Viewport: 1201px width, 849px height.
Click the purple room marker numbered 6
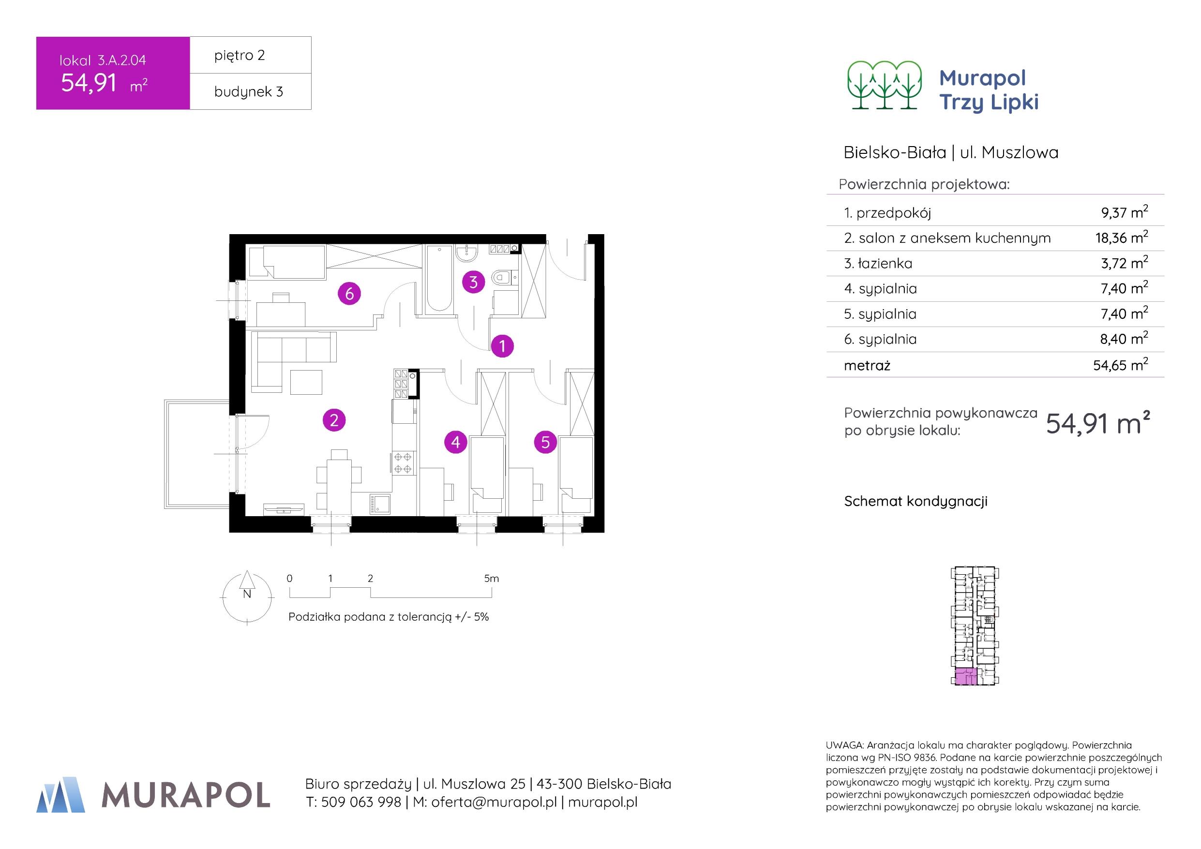point(349,294)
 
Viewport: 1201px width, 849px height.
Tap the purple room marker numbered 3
point(473,283)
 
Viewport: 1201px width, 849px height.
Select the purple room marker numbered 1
point(502,346)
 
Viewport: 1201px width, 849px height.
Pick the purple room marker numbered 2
point(334,420)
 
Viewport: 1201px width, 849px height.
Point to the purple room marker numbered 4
point(456,443)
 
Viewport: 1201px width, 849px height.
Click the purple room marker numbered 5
point(545,443)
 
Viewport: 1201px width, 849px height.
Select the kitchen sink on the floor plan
point(379,504)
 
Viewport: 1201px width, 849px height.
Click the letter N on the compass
point(247,594)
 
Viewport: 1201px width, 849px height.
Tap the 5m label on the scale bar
point(491,579)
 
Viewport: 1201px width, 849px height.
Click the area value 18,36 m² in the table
point(1121,238)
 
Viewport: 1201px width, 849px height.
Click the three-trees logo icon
point(884,85)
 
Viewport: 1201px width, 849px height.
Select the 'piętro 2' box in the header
point(250,56)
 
